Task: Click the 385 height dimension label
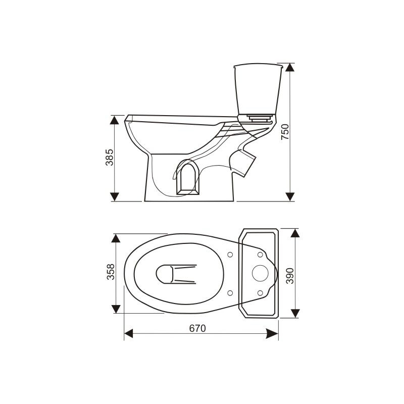(109, 157)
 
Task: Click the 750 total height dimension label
(285, 132)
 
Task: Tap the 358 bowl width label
(111, 272)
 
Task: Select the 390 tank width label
(290, 276)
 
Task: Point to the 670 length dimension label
(197, 328)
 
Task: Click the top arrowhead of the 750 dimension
(290, 68)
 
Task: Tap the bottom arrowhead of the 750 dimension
(290, 196)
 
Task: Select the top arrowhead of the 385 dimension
(114, 120)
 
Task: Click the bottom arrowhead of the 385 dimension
(114, 196)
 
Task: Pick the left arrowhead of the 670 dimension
(129, 333)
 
